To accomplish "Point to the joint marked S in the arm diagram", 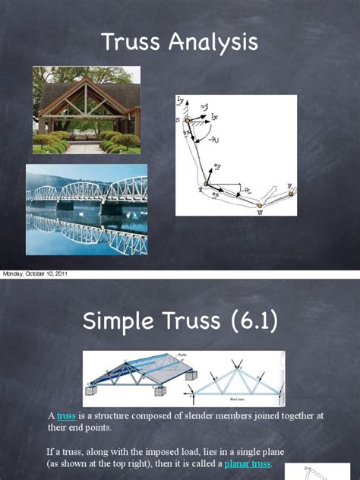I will (x=187, y=121).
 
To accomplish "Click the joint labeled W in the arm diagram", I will (x=258, y=205).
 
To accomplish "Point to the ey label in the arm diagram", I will (x=217, y=166).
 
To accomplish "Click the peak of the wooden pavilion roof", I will (x=87, y=77).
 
